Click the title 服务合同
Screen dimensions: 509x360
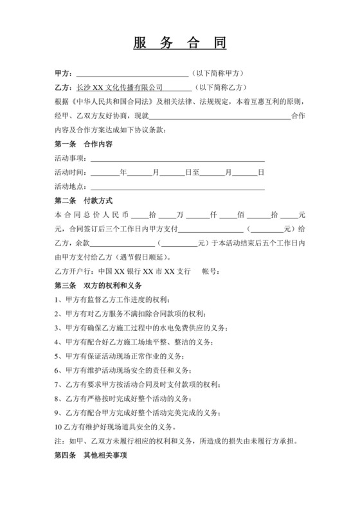pyautogui.click(x=180, y=44)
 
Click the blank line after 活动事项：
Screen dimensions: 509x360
pyautogui.click(x=177, y=159)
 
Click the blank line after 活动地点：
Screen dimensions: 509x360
pyautogui.click(x=177, y=187)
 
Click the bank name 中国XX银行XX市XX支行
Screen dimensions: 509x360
pyautogui.click(x=144, y=272)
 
